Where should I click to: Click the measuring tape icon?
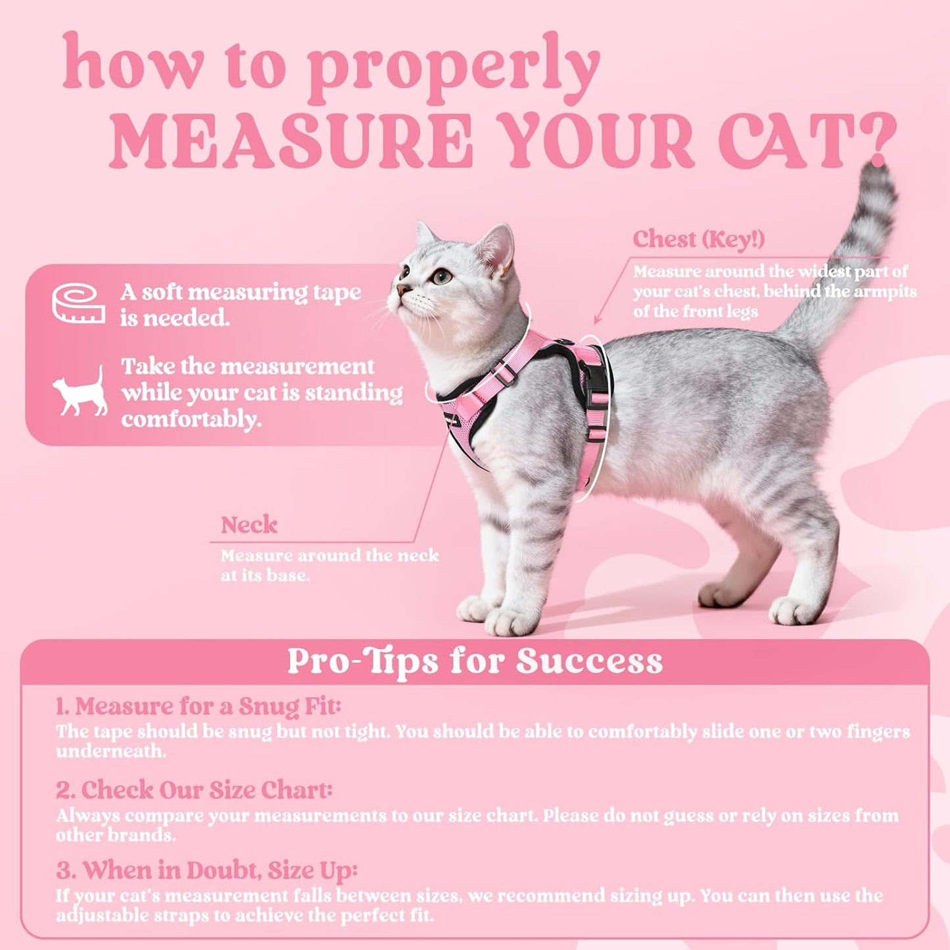pos(79,304)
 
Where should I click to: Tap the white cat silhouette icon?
pos(81,392)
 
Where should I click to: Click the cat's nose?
pos(400,290)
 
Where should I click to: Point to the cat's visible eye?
pos(442,276)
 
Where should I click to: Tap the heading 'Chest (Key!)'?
pos(698,239)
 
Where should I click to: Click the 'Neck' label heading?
pos(249,525)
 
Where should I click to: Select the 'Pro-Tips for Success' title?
pos(475,661)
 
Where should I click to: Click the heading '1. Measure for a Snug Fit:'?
pos(198,707)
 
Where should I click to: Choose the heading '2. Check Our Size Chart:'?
pos(194,790)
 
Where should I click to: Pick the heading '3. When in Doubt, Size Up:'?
pos(206,870)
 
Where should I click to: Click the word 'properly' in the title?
pos(453,66)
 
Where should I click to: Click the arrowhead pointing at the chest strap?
pos(597,320)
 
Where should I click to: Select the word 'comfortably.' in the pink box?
pos(191,419)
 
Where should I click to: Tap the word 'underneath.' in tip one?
pos(111,751)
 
